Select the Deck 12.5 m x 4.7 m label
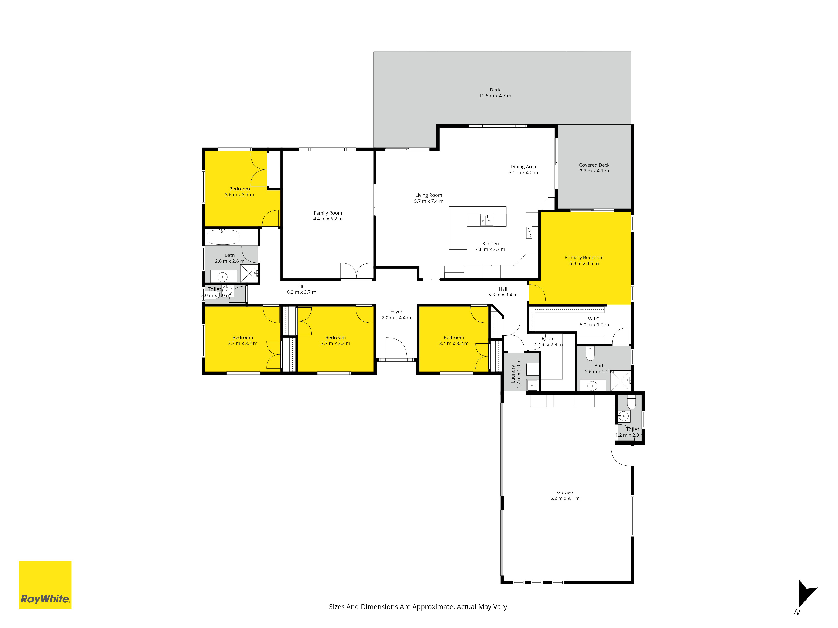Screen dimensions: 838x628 (495, 93)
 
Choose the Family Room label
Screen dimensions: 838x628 (328, 216)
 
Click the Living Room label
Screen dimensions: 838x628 (428, 198)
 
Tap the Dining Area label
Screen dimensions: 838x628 (523, 170)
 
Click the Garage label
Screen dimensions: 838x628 (565, 495)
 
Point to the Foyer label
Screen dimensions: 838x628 (396, 315)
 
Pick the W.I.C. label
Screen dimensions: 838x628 (594, 322)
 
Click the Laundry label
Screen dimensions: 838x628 (516, 374)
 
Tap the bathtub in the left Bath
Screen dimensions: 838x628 (223, 237)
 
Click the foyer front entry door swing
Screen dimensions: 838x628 (396, 348)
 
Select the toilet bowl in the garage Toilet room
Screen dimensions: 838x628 (631, 402)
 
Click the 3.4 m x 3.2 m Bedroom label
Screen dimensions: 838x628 (454, 340)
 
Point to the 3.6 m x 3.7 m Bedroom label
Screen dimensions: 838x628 (239, 192)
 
